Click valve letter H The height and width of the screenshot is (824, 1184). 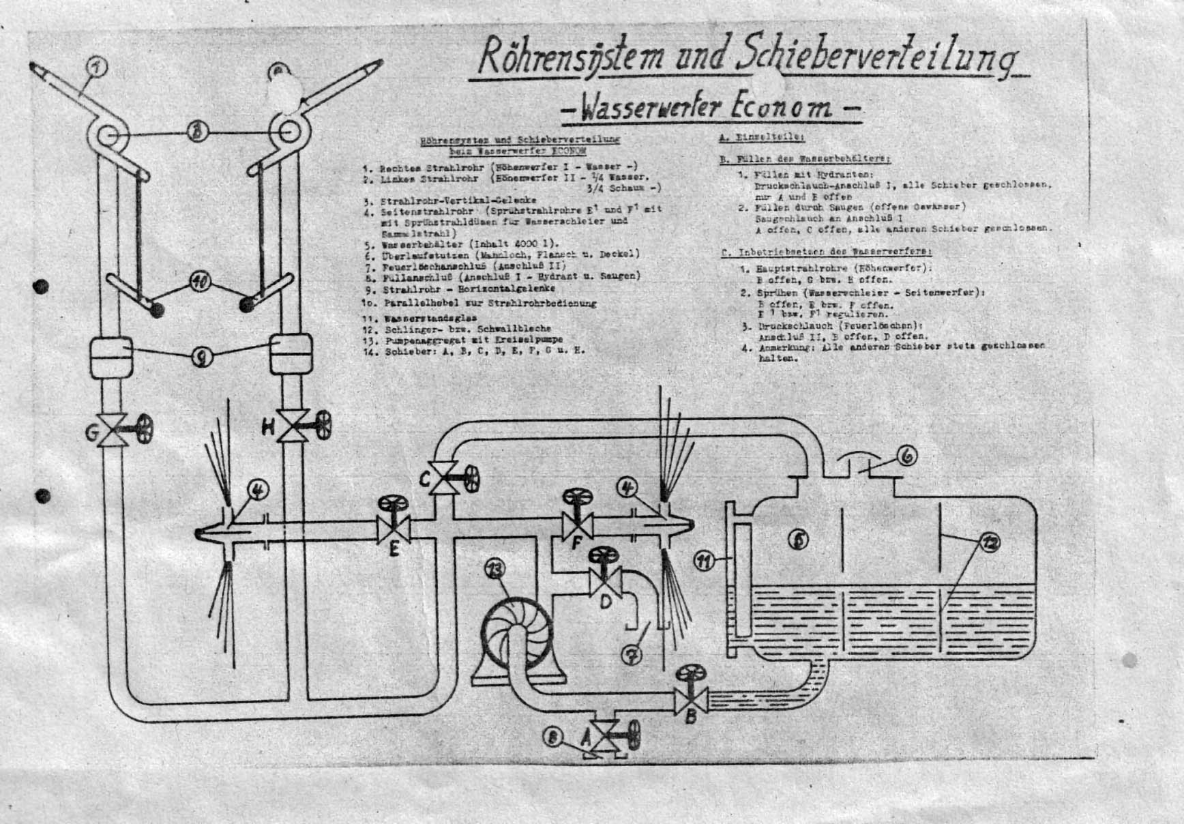(x=269, y=428)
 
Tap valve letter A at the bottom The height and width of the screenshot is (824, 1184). (x=585, y=739)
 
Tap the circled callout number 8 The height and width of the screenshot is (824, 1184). (x=554, y=737)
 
